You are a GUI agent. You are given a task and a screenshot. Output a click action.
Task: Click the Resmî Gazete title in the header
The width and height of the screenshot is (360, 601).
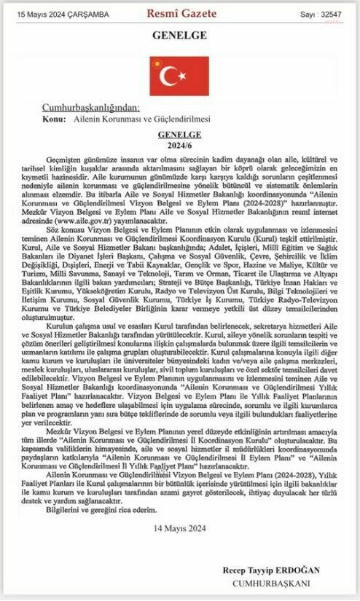pyautogui.click(x=180, y=13)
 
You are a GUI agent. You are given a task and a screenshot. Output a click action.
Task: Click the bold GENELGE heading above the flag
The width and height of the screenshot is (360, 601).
pyautogui.click(x=179, y=36)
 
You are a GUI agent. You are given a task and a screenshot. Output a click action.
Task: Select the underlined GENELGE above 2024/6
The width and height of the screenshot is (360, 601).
pyautogui.click(x=179, y=135)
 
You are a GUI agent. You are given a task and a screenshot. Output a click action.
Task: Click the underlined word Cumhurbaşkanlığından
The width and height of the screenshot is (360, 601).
pyautogui.click(x=92, y=106)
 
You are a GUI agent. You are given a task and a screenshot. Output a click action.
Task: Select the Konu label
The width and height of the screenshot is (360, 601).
pyautogui.click(x=55, y=117)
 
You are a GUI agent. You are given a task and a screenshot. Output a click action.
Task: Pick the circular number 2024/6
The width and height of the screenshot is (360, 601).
pyautogui.click(x=179, y=145)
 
